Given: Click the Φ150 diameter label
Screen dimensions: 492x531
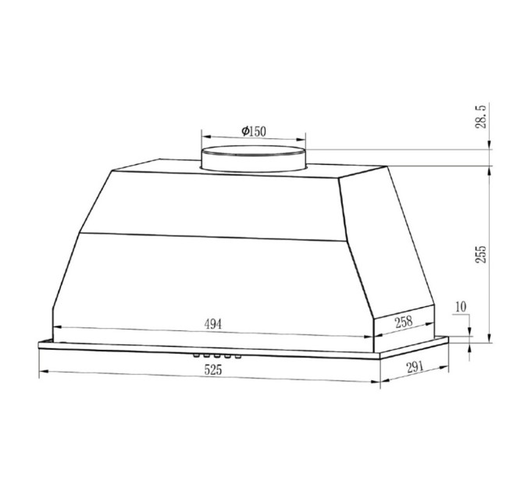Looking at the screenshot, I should tap(253, 131).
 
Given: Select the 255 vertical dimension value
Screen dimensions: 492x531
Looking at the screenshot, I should tap(482, 254).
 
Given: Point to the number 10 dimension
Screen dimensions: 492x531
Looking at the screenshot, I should tap(461, 306).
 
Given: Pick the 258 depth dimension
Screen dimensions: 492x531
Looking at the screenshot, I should tap(403, 319).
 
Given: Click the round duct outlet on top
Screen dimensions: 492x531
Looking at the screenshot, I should tap(254, 157).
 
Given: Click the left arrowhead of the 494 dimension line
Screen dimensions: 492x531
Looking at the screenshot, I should tap(55, 327).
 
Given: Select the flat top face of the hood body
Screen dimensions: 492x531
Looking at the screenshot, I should tap(156, 167).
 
